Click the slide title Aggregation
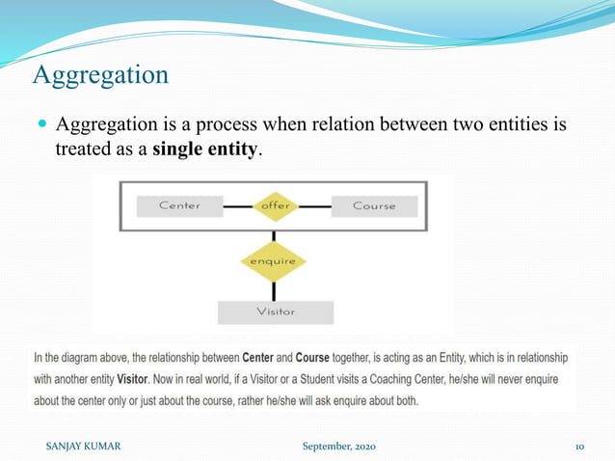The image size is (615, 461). [100, 73]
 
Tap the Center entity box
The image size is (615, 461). [179, 205]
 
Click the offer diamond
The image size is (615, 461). [275, 205]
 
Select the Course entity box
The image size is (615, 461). [374, 205]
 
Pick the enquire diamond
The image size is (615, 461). [274, 261]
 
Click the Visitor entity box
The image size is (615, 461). [275, 312]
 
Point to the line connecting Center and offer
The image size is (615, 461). [237, 205]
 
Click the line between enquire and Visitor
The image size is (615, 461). [274, 292]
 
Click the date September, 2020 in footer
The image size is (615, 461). [338, 447]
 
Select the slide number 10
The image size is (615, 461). [580, 447]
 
